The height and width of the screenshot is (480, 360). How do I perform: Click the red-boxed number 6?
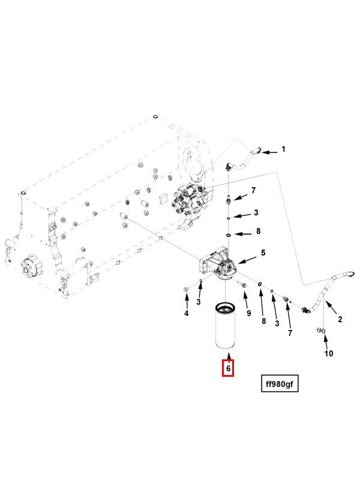click(x=228, y=367)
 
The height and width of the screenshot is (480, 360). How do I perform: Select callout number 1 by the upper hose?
click(x=284, y=149)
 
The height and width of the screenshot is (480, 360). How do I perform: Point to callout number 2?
click(x=340, y=320)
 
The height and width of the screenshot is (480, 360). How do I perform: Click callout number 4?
click(x=186, y=313)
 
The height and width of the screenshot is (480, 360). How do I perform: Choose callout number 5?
click(x=262, y=253)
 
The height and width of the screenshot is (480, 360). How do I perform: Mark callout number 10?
click(x=329, y=353)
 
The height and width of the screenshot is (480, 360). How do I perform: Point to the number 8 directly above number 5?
click(x=258, y=231)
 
